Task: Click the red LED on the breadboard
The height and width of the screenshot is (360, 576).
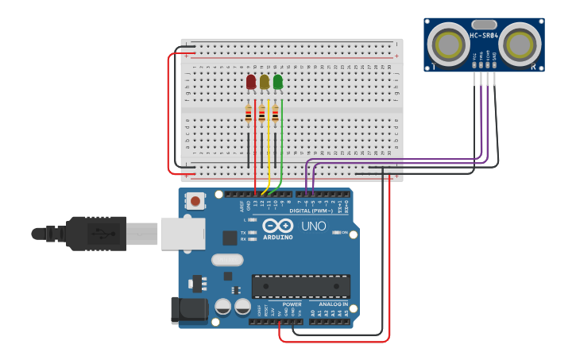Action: [x=251, y=82]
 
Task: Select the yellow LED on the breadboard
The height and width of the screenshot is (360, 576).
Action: [x=265, y=81]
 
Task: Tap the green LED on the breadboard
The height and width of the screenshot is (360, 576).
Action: [x=277, y=81]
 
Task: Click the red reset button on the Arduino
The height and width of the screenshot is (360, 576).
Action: [x=195, y=201]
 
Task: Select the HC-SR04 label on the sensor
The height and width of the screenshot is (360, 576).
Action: [x=484, y=35]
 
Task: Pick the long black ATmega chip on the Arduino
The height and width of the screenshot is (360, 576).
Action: [x=301, y=286]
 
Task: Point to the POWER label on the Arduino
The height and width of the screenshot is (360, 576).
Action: [x=292, y=304]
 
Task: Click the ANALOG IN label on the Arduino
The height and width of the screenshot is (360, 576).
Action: [x=334, y=304]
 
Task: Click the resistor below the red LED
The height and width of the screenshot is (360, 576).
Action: [x=249, y=115]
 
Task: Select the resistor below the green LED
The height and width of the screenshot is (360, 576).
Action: [x=276, y=115]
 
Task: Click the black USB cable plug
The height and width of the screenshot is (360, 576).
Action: [x=95, y=233]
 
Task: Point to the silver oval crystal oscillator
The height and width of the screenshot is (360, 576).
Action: [x=226, y=259]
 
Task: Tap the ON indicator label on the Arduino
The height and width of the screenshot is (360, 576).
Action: [x=343, y=233]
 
